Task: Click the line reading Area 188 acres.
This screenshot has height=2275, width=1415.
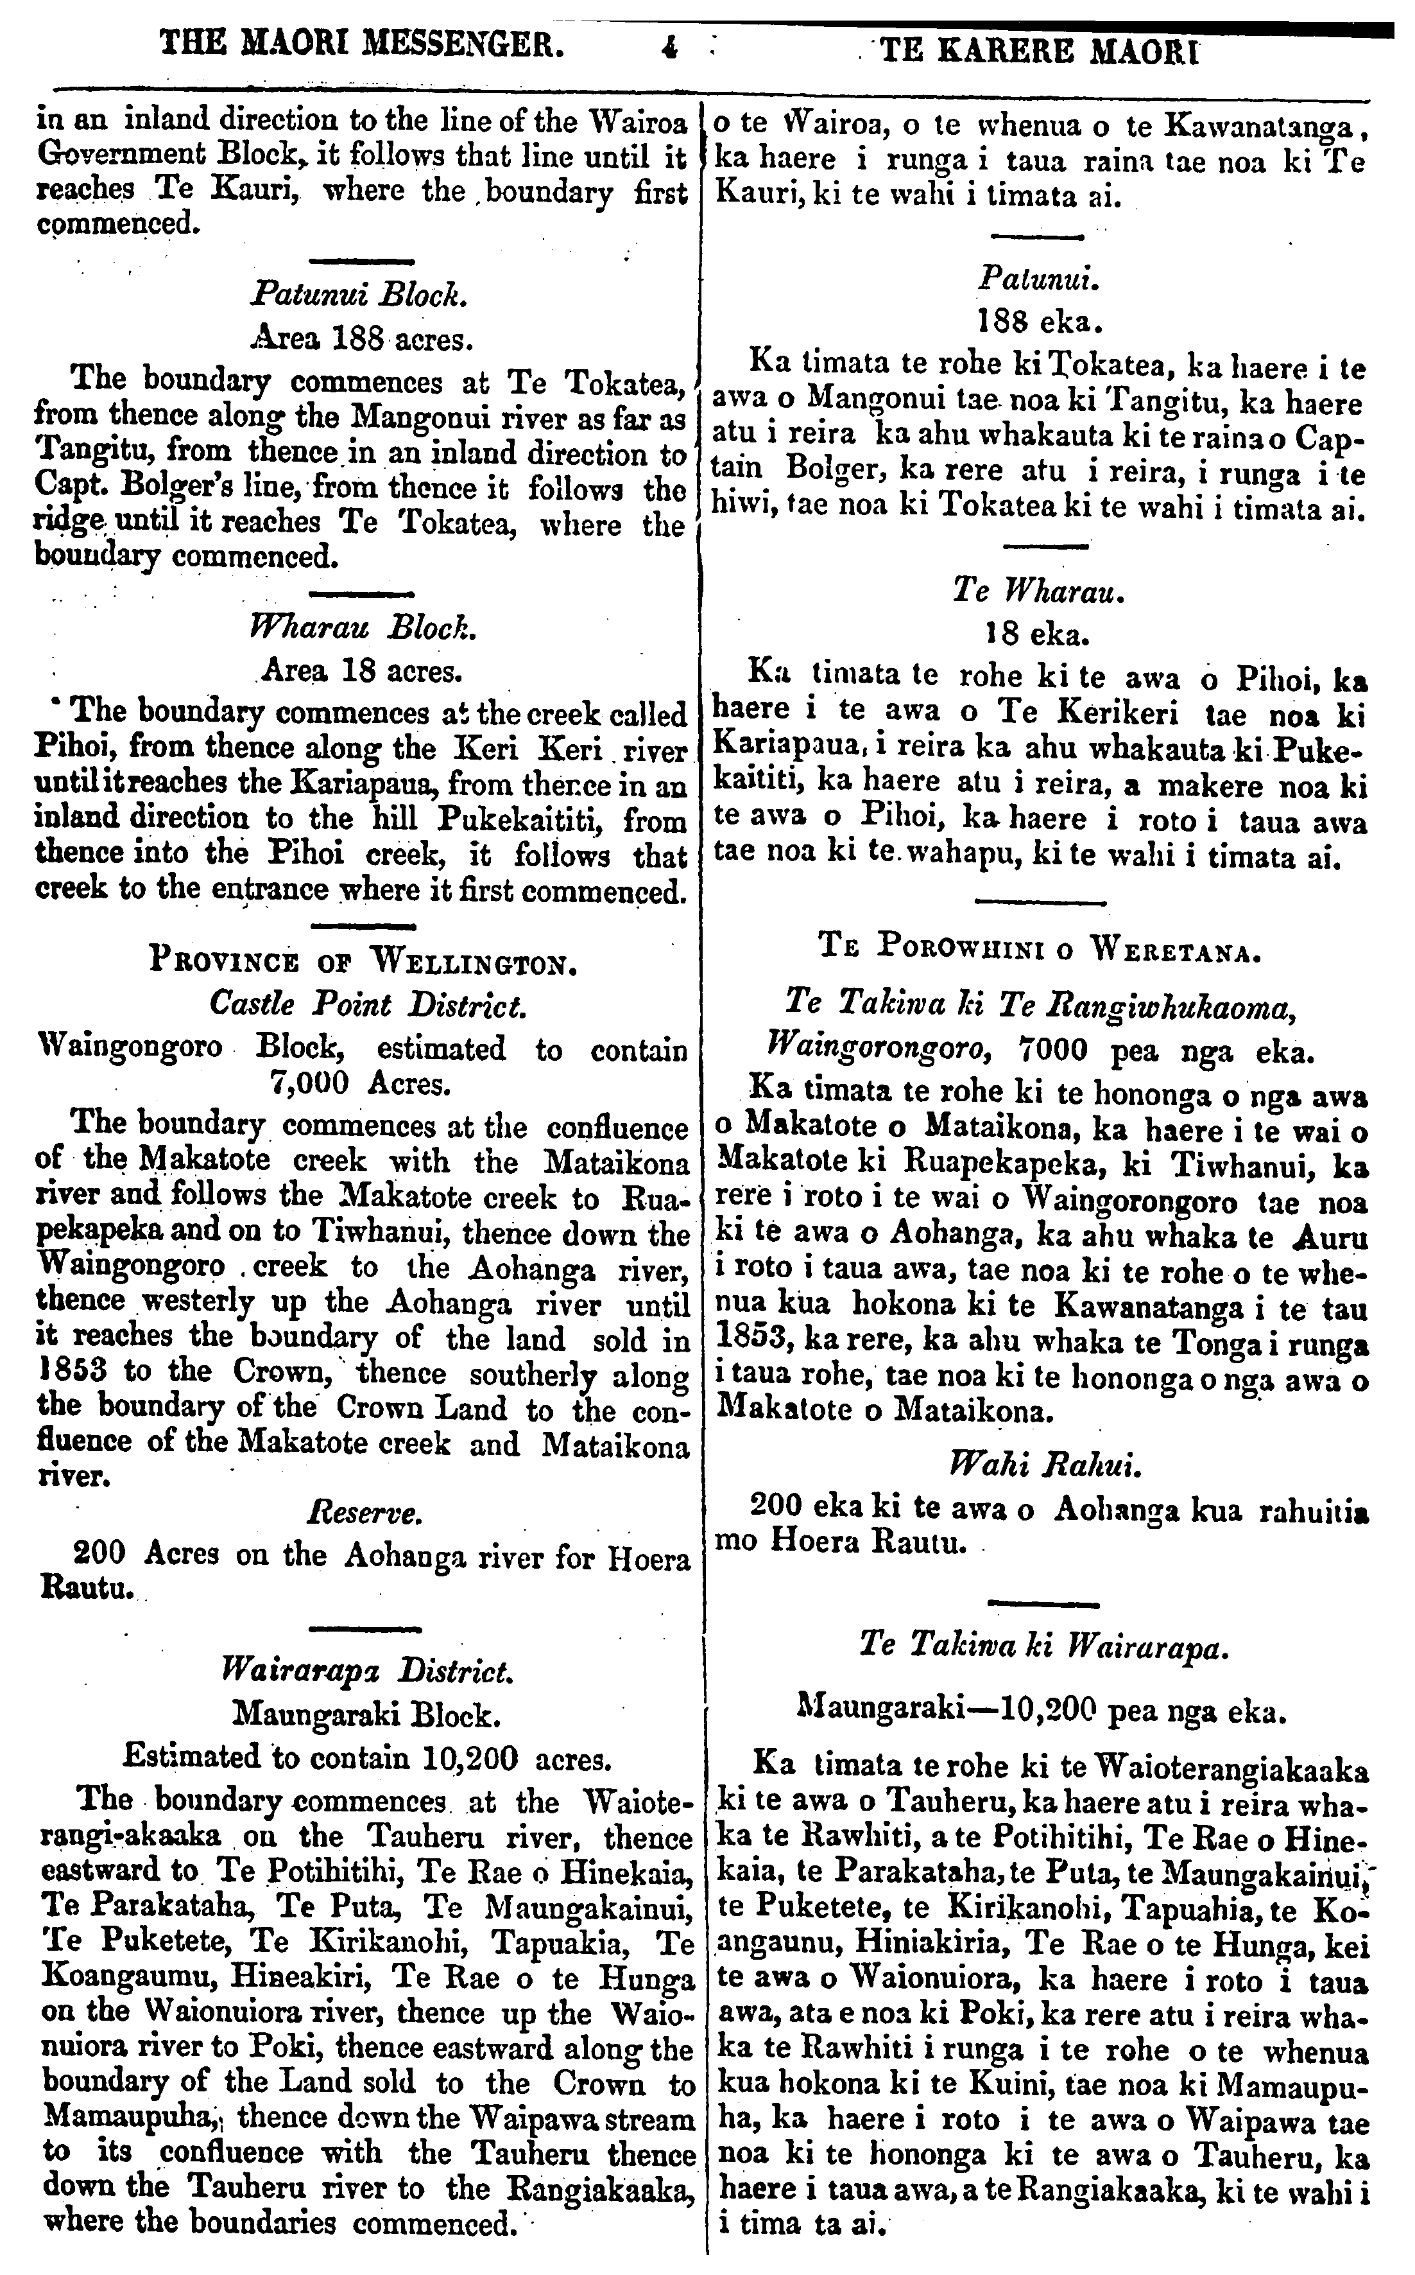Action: pyautogui.click(x=360, y=338)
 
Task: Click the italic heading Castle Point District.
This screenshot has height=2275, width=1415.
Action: pyautogui.click(x=367, y=1004)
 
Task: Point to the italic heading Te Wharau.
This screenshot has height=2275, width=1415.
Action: pyautogui.click(x=1038, y=591)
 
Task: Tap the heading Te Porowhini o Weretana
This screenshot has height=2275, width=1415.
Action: pyautogui.click(x=1040, y=954)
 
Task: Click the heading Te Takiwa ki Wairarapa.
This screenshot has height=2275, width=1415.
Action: pyautogui.click(x=1042, y=1645)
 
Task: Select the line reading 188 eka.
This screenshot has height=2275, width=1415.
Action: pyautogui.click(x=1040, y=323)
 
